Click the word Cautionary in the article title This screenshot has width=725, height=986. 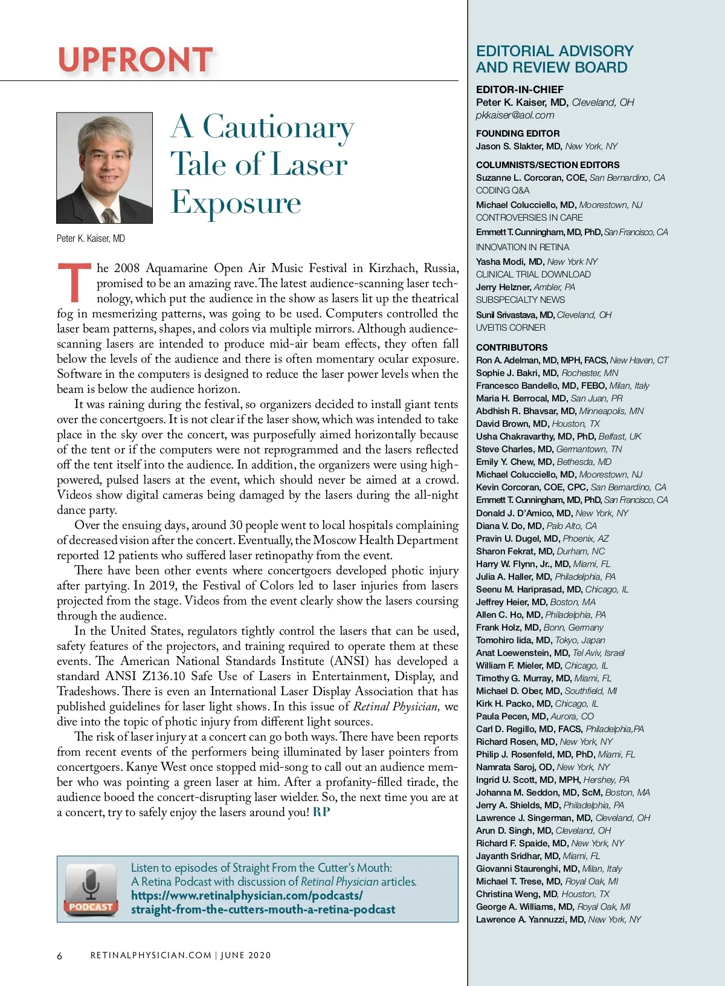(279, 128)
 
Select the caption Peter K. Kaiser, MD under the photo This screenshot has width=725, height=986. (91, 238)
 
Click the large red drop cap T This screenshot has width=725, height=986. (74, 282)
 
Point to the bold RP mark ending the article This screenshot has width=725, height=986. (321, 812)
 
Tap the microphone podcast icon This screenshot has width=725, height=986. (91, 887)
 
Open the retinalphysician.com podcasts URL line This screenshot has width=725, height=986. (246, 895)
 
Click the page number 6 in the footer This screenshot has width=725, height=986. (59, 956)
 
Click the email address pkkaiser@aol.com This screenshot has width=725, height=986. (515, 115)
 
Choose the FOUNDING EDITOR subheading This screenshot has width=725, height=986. (518, 133)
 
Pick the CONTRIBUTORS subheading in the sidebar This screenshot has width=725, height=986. (512, 347)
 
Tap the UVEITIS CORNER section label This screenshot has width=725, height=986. (511, 327)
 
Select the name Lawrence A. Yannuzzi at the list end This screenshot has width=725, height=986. (522, 919)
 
